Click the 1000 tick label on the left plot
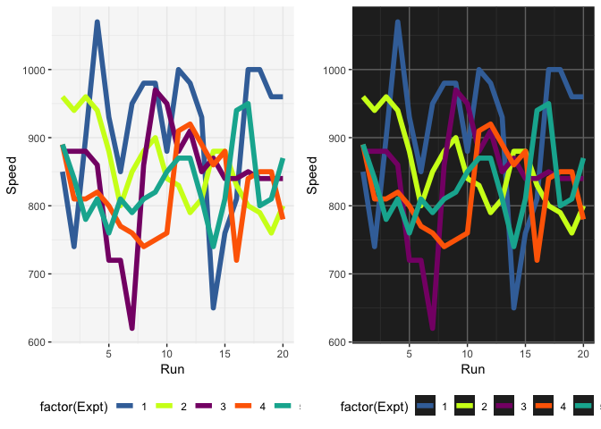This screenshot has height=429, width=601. pos(34,70)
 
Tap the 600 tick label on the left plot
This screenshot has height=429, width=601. pos(37,342)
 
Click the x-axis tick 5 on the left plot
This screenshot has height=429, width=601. pos(108,354)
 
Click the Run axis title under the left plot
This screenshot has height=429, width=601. pos(172,368)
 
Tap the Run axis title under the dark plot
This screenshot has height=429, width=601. pos(472,368)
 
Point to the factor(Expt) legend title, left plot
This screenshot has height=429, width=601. pos(74,407)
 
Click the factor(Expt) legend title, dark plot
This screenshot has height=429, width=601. pos(375,407)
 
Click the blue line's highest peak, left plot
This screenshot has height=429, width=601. pos(97,22)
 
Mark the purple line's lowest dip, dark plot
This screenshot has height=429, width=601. pos(432,328)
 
